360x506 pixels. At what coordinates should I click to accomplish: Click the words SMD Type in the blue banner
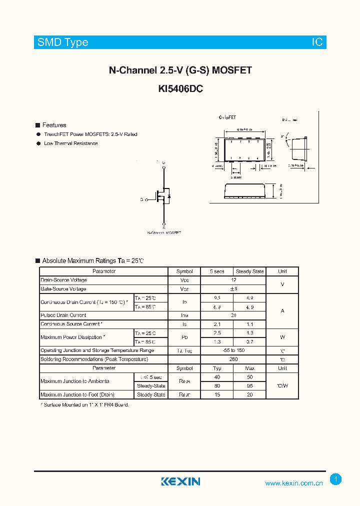[62, 42]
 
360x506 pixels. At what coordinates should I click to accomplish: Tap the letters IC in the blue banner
[317, 42]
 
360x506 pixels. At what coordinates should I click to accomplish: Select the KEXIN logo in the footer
[180, 481]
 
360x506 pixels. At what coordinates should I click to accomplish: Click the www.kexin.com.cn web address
[294, 483]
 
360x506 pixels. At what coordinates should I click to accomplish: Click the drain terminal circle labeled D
[163, 166]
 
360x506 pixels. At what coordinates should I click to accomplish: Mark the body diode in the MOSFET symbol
[168, 195]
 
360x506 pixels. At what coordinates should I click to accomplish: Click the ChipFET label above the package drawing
[227, 117]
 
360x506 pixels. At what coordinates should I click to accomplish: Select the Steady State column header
[249, 271]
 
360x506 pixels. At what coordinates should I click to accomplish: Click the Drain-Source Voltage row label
[63, 280]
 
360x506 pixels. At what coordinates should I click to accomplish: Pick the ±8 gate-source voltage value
[233, 289]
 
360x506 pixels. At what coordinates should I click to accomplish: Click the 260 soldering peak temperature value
[233, 359]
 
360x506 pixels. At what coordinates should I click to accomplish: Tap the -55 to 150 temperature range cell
[233, 350]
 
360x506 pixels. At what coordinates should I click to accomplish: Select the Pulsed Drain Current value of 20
[233, 315]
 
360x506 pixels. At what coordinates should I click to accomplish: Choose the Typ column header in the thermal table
[217, 368]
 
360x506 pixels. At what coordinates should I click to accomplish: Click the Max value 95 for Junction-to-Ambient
[249, 386]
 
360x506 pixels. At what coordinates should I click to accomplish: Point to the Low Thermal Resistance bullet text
[70, 143]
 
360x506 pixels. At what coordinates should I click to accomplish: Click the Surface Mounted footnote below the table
[84, 404]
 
